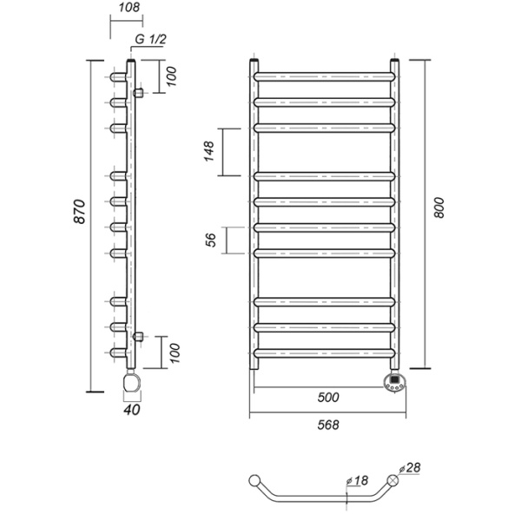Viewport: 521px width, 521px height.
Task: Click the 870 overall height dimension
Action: coord(79,212)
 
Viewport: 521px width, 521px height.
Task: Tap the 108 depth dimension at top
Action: coord(129,7)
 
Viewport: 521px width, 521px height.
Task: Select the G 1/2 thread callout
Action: coord(150,40)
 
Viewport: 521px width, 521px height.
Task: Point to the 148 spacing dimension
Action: coord(209,151)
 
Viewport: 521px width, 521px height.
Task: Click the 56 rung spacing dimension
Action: coord(211,240)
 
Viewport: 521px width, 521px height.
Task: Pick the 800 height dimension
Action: coord(439,208)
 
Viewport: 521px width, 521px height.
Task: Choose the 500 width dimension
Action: coord(328,398)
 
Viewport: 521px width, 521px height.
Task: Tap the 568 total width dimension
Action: coord(328,425)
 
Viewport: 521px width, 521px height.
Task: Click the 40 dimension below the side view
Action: coord(132,410)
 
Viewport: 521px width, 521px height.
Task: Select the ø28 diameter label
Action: coord(410,468)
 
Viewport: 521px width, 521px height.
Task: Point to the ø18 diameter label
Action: coord(357,480)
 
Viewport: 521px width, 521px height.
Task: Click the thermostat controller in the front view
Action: coord(395,382)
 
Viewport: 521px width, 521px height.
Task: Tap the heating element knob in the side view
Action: coord(132,382)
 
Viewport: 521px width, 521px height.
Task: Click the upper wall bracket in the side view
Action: coord(138,93)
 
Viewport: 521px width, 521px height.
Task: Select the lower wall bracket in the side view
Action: coord(138,336)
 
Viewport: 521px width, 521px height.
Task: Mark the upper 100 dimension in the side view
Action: coord(171,76)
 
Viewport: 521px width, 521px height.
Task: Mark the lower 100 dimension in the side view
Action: coord(175,353)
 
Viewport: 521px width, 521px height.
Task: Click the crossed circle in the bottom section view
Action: coord(392,480)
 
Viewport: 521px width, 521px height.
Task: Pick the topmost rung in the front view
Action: coord(324,76)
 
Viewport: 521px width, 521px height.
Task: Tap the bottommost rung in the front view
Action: coord(324,353)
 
